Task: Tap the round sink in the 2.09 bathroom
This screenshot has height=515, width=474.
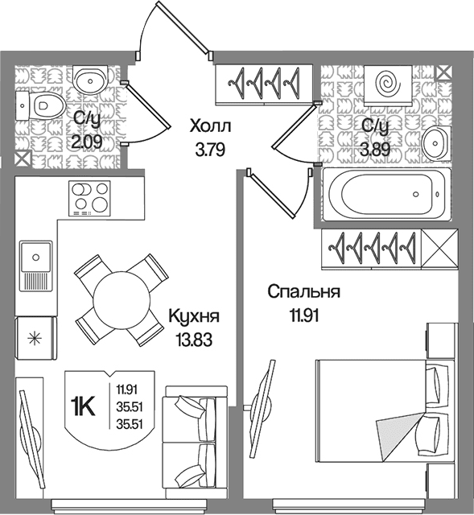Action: coord(89,80)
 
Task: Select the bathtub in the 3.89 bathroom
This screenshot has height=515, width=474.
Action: coord(386,194)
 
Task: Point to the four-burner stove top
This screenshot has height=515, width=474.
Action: coord(89,198)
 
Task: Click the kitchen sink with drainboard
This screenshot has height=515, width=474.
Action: coord(35,266)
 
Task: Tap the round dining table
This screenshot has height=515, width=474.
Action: coord(122,299)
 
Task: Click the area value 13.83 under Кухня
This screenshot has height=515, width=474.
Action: coord(194,340)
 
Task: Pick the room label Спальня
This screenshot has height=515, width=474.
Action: coord(303,291)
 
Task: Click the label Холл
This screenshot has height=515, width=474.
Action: coord(210,126)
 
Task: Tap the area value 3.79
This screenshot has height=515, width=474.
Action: coord(210,150)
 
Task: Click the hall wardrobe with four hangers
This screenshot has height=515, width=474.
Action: coord(264,84)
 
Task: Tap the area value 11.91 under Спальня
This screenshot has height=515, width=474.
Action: coord(303,315)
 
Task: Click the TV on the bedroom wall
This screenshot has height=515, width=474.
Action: coord(259,408)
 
